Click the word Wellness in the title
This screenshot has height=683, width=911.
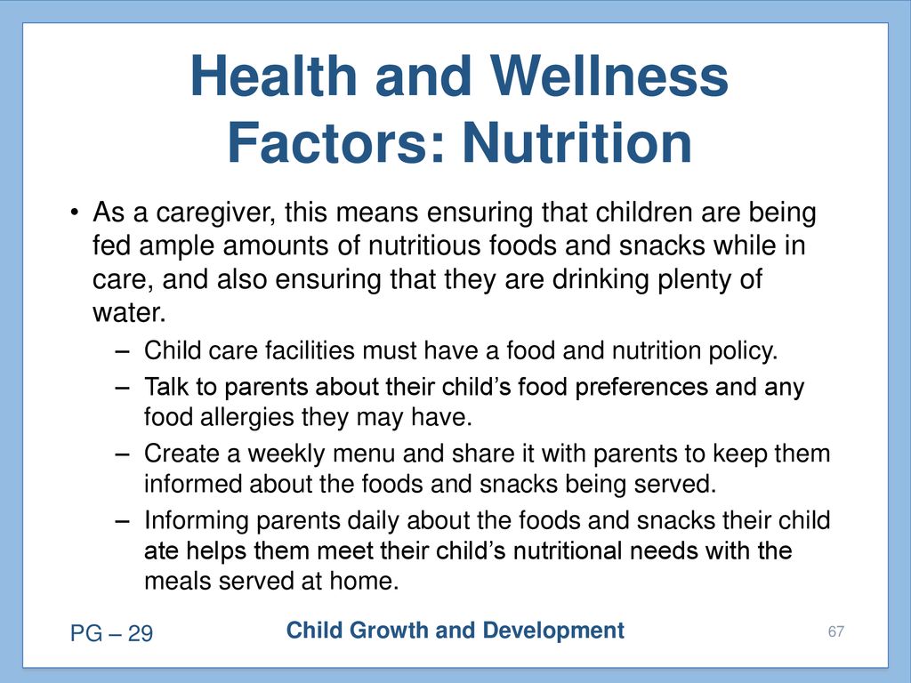tap(609, 76)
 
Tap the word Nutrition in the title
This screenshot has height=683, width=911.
tap(576, 143)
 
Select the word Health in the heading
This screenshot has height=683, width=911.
tap(273, 76)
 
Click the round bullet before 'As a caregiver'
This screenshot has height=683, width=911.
tap(74, 213)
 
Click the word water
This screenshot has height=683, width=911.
tap(129, 312)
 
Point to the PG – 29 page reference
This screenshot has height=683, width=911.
tap(111, 633)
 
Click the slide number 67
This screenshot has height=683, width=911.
tap(836, 632)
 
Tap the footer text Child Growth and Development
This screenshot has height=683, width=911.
tap(455, 631)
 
